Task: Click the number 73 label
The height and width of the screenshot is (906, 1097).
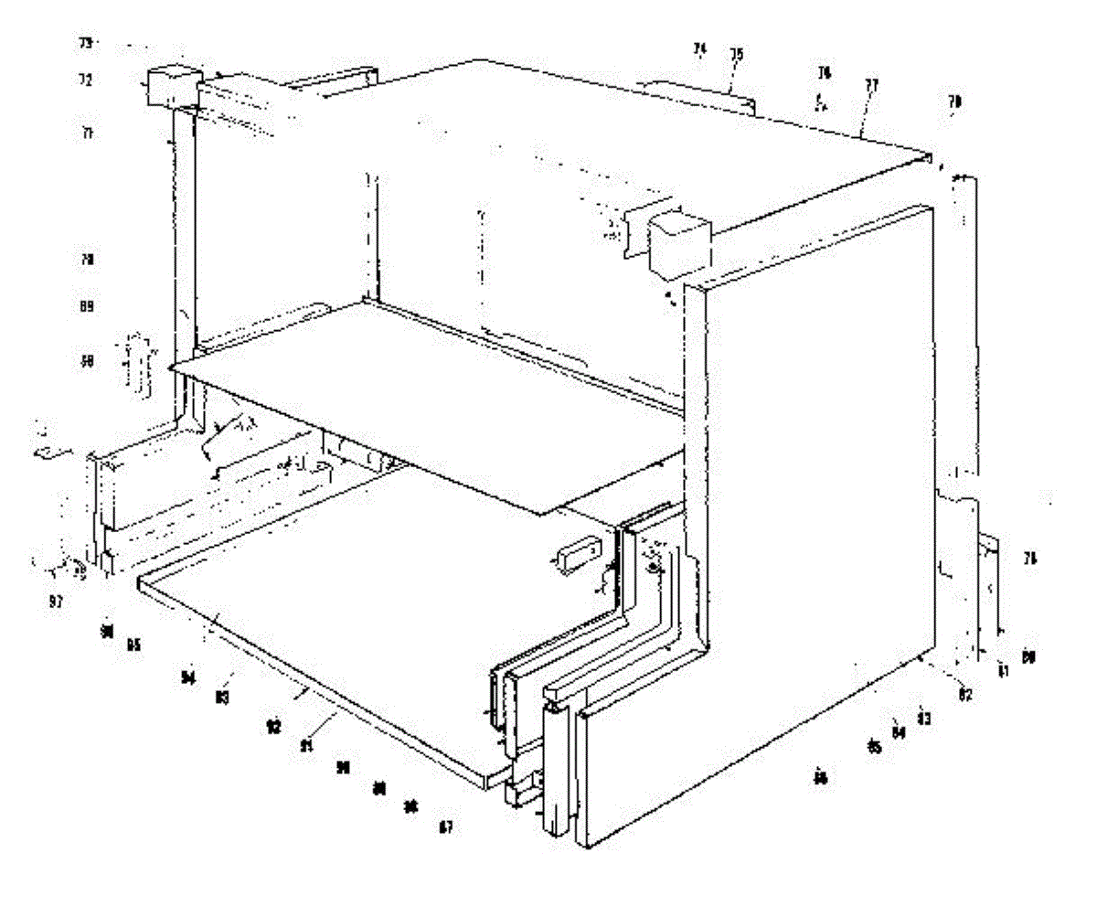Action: pyautogui.click(x=85, y=43)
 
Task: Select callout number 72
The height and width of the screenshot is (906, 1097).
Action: pyautogui.click(x=85, y=80)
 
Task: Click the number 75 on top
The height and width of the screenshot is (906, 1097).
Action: pyautogui.click(x=736, y=55)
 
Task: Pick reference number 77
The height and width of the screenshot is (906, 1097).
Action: pyautogui.click(x=871, y=85)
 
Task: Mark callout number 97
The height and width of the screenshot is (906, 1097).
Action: pyautogui.click(x=56, y=602)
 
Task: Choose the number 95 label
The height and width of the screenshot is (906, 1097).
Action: pyautogui.click(x=133, y=645)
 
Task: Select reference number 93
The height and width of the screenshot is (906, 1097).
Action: pyautogui.click(x=221, y=697)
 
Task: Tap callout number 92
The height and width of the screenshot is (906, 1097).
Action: pyautogui.click(x=272, y=728)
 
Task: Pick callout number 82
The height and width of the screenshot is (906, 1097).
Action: pyautogui.click(x=964, y=695)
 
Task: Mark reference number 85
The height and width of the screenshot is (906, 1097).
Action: pyautogui.click(x=875, y=748)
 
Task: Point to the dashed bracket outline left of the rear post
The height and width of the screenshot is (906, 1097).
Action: pyautogui.click(x=137, y=367)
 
